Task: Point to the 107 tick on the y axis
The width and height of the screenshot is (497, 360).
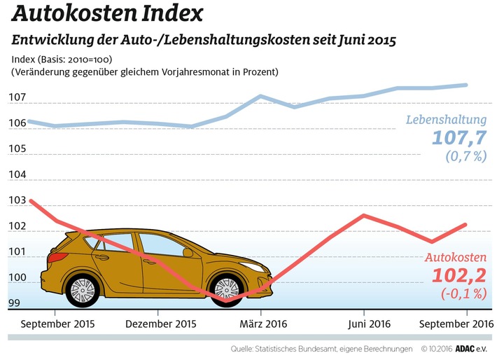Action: click(x=17, y=97)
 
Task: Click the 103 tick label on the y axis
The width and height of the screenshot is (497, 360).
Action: click(x=17, y=201)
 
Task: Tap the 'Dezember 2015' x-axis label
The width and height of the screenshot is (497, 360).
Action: click(x=161, y=324)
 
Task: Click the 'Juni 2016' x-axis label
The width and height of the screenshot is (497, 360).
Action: click(x=365, y=324)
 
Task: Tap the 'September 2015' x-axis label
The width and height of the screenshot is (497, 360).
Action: click(x=57, y=324)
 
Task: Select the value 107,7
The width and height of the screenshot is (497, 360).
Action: click(x=458, y=137)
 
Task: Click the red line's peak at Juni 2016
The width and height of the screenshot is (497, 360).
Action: click(x=363, y=215)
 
